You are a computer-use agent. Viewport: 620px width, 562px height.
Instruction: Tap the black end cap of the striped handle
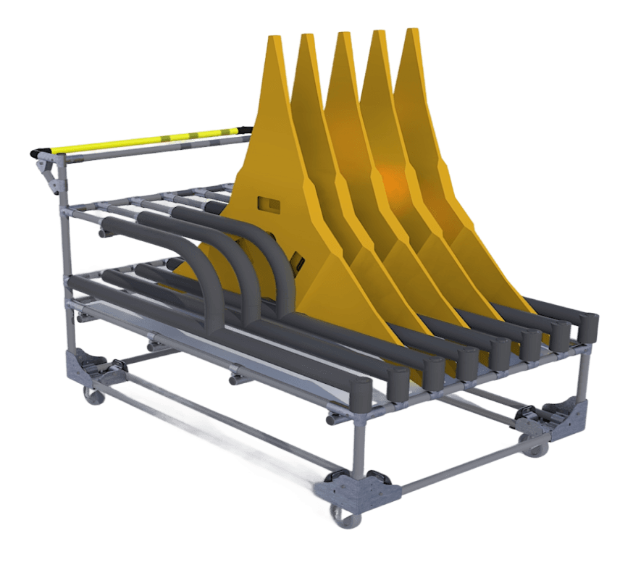tap(37, 154)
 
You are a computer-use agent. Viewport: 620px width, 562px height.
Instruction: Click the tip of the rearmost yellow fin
tap(411, 32)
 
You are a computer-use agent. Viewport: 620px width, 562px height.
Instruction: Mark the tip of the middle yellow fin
tap(340, 36)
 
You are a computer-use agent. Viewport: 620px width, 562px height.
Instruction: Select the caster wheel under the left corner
tap(92, 395)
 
